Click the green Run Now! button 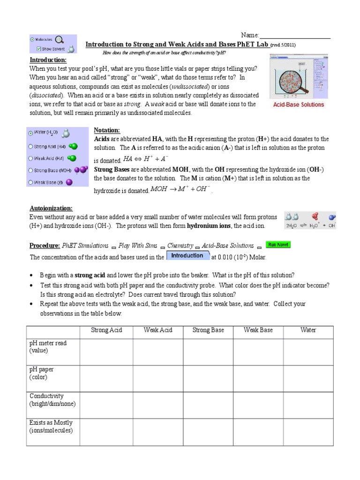tap(278, 245)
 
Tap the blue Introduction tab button tap(187, 256)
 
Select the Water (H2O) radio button tap(31, 133)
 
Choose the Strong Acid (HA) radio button tap(31, 146)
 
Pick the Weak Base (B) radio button tap(31, 182)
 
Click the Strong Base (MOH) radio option tap(31, 171)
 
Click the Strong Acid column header tap(106, 330)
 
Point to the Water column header tap(308, 330)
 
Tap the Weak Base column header tap(258, 330)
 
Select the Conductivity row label tap(46, 396)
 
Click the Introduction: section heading tap(48, 60)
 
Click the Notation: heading tap(107, 130)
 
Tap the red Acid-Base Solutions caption tap(299, 105)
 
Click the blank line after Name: tap(295, 36)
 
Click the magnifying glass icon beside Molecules tap(60, 40)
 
